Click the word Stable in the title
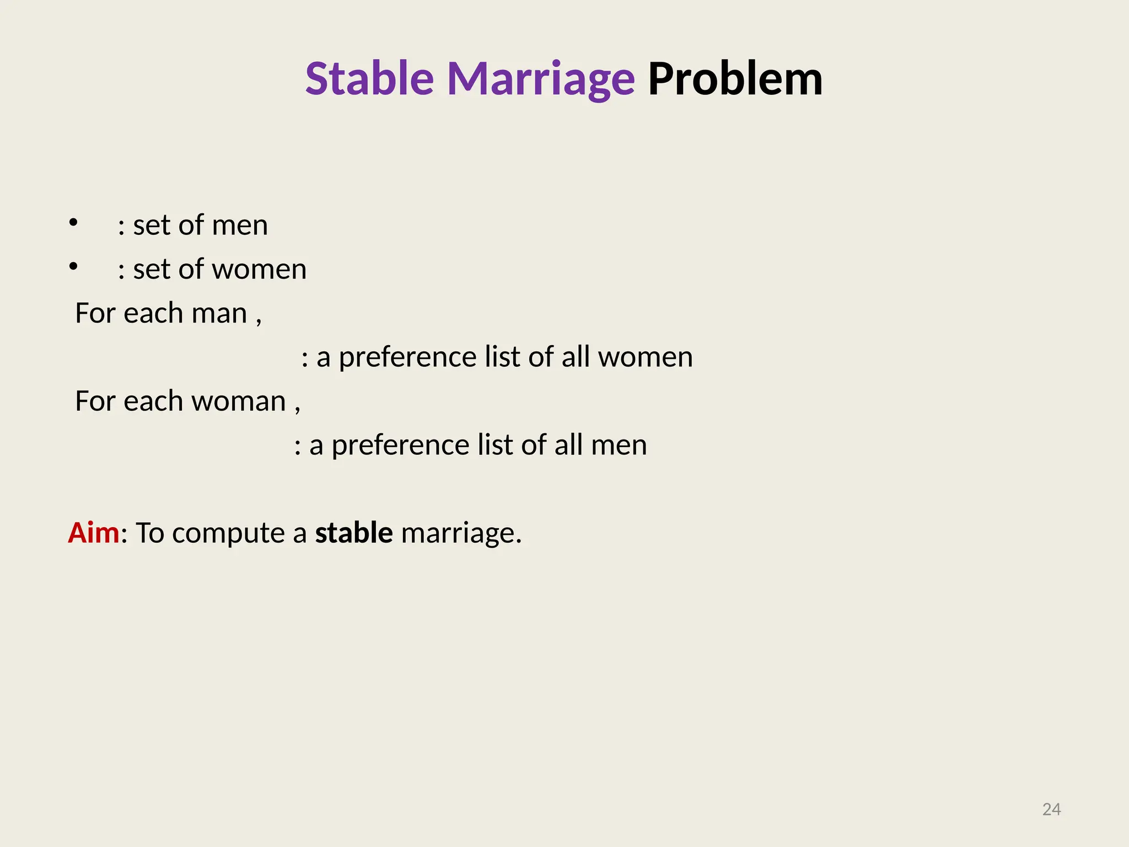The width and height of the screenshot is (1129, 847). (369, 79)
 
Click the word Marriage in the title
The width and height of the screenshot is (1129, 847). (540, 79)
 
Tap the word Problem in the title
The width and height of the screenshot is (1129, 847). (735, 79)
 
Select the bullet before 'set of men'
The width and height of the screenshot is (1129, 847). (73, 223)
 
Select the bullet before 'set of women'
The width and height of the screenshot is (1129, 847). (73, 267)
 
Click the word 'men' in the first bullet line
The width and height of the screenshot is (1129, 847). (240, 226)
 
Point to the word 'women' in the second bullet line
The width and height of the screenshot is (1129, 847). (259, 270)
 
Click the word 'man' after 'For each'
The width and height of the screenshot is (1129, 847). (219, 314)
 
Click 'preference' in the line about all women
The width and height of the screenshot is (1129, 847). (407, 357)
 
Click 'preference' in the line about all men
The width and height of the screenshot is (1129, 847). (400, 446)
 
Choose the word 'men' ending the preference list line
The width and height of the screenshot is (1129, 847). (619, 446)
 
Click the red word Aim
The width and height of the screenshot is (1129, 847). (93, 533)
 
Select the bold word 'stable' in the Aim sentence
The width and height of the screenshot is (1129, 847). (353, 533)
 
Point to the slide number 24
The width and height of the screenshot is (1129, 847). (1051, 810)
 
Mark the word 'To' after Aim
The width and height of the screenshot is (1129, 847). (150, 533)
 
